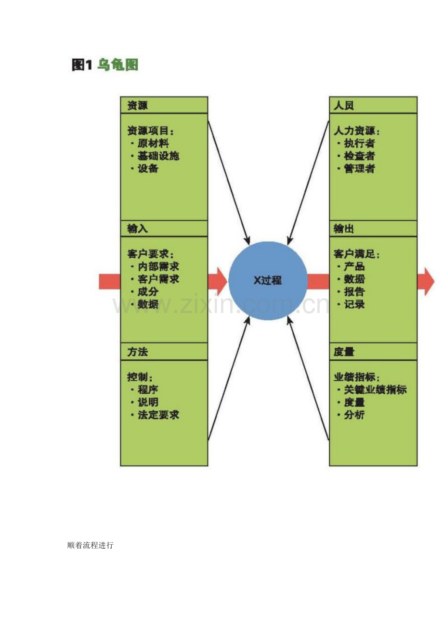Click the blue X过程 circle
click(x=268, y=280)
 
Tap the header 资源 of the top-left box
click(x=137, y=105)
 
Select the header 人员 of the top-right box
click(x=344, y=105)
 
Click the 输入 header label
click(x=137, y=228)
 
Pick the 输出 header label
click(x=344, y=228)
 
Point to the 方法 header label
click(x=137, y=352)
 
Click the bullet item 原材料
click(x=153, y=143)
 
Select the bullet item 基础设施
click(x=158, y=156)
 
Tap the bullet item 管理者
click(x=359, y=168)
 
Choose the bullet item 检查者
click(x=359, y=156)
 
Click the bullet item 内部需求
click(x=158, y=267)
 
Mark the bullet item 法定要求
click(x=158, y=415)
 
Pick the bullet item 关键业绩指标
click(x=375, y=389)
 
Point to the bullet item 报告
click(x=354, y=292)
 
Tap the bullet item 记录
click(x=354, y=304)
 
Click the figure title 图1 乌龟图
click(x=105, y=65)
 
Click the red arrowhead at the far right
click(x=426, y=281)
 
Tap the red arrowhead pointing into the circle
click(x=221, y=281)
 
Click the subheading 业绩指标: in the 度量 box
click(x=356, y=377)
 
